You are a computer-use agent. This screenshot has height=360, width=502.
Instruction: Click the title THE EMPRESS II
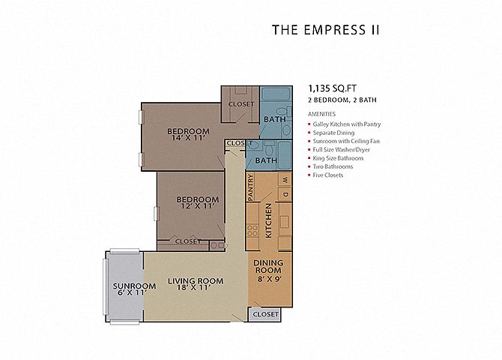326,30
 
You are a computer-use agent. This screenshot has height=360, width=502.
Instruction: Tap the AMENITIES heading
322,114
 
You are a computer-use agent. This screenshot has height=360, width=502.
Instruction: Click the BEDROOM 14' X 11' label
187,133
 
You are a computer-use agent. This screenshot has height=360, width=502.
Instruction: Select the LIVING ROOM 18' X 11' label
196,284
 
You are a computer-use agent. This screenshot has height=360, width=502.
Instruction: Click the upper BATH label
272,119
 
